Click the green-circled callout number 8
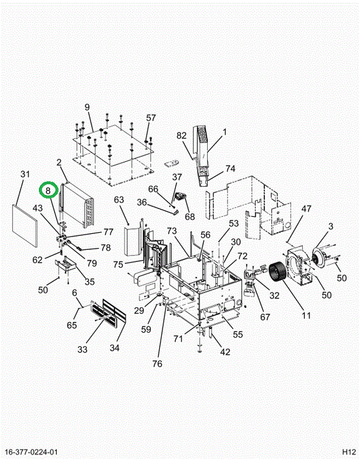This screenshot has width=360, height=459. click(x=48, y=191)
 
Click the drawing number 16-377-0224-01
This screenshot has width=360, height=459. click(x=31, y=452)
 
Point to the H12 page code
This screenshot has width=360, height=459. click(x=349, y=452)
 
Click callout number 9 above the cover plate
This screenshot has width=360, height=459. click(x=87, y=107)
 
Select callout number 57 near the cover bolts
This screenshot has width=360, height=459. click(x=151, y=118)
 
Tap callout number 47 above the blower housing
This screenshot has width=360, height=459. click(x=306, y=208)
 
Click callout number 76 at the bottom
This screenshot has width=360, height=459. click(x=157, y=363)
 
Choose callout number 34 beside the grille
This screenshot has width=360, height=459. click(x=115, y=348)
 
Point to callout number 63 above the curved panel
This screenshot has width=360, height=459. click(x=119, y=200)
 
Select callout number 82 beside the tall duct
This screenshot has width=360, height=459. click(x=182, y=136)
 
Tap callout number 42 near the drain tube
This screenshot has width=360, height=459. click(x=225, y=351)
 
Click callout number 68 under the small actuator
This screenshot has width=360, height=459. click(x=190, y=217)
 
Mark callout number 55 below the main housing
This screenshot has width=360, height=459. click(x=238, y=334)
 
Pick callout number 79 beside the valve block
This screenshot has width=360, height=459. click(x=92, y=263)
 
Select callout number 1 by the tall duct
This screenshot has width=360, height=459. click(x=224, y=132)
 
